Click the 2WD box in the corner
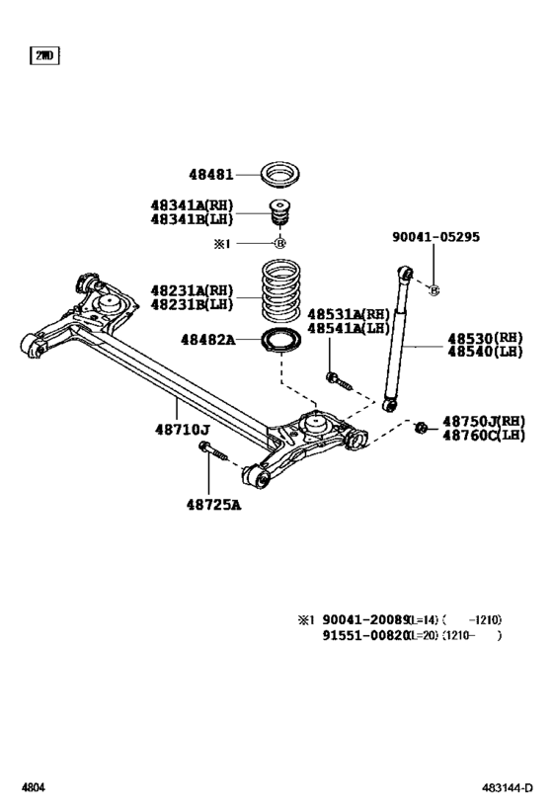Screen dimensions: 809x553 (44, 55)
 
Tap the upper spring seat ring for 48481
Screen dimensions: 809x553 (279, 178)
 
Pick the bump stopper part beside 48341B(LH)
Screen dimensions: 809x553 (279, 215)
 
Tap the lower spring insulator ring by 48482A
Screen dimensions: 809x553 (279, 342)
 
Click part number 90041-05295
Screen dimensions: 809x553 (435, 237)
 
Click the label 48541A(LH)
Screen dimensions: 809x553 (349, 327)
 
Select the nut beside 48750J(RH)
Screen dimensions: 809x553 (421, 427)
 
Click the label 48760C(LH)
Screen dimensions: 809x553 (484, 435)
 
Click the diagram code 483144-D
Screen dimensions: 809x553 (510, 789)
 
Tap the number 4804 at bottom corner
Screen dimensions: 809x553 (34, 789)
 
